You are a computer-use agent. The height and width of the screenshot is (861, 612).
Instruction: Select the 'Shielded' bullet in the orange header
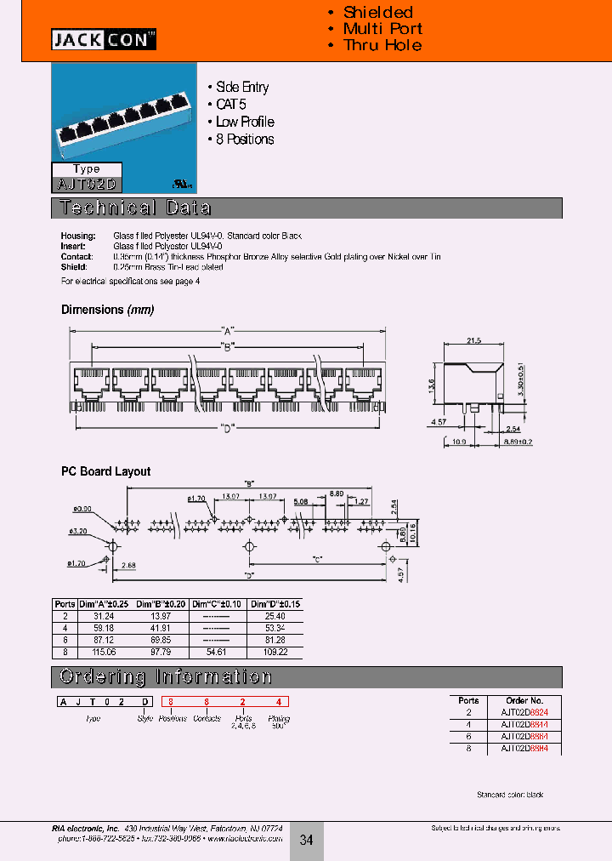[x=377, y=12]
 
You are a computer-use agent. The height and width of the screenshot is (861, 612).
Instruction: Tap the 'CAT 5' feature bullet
[x=230, y=105]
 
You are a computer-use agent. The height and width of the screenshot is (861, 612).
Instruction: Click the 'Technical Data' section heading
[x=134, y=208]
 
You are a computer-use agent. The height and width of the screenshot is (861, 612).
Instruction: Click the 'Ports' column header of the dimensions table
[x=65, y=603]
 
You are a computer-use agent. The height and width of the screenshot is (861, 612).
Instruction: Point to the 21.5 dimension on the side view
[x=473, y=339]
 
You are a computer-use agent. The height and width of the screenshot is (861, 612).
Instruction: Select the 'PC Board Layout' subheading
[x=105, y=471]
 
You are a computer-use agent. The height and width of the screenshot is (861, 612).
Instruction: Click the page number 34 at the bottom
[x=307, y=840]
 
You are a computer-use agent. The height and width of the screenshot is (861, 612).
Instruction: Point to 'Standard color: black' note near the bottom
[x=509, y=795]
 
